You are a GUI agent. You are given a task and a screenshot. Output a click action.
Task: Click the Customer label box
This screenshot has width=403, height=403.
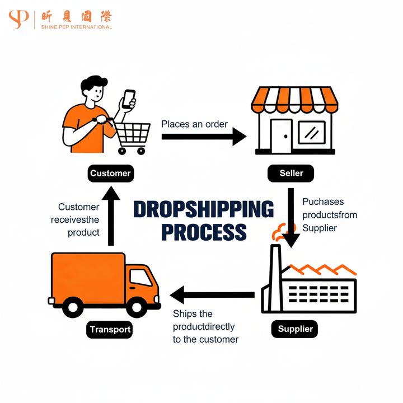click(110, 173)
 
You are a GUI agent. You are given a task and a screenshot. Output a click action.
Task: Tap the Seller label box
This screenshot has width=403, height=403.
click(290, 173)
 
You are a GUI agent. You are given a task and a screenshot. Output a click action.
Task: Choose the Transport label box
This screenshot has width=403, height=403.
click(110, 329)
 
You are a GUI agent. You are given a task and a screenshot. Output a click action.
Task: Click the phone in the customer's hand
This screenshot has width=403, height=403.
click(130, 99)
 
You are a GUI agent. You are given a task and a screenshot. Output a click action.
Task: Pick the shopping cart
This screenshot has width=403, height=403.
click(132, 135)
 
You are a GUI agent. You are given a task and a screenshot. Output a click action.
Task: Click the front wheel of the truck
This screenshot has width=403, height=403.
click(136, 306)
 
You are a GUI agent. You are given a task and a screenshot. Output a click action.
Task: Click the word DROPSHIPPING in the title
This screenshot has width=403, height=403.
click(203, 209)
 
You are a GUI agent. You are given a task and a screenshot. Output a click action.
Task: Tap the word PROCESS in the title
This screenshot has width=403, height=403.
click(204, 232)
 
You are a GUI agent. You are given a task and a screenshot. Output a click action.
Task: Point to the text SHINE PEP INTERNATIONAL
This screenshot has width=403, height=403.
click(77, 27)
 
